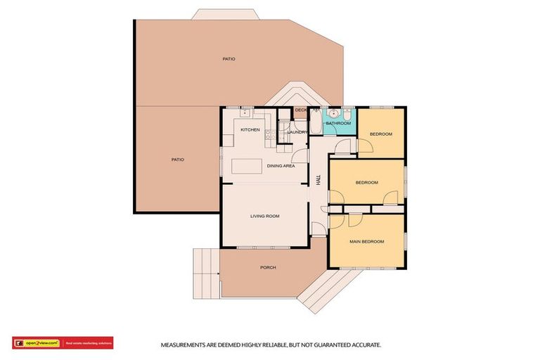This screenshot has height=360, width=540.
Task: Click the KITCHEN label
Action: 250,130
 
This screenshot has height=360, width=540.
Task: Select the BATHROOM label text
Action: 338,124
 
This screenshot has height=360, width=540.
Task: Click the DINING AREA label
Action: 281,166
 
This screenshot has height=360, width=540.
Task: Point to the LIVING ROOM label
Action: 264,216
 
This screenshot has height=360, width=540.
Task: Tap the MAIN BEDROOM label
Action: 367,242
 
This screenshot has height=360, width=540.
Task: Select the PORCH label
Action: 268,268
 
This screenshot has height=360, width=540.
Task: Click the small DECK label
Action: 300,110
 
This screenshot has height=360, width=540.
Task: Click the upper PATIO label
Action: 229,59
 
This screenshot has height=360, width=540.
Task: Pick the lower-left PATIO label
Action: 177,160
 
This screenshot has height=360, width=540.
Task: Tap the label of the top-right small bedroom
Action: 381,134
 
